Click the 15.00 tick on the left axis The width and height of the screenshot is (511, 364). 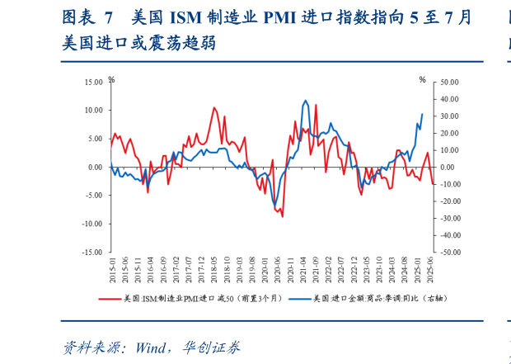pos(92,82)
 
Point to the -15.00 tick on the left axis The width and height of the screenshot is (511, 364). pos(91,252)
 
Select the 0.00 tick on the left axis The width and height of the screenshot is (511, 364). pos(95,167)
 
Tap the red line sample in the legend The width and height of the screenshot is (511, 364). pos(109,298)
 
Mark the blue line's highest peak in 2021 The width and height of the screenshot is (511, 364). pos(306,101)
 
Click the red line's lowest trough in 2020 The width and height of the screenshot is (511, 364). pos(283,216)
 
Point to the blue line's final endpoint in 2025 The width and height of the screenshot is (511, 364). pos(423,114)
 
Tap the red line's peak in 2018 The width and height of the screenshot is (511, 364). pos(214,107)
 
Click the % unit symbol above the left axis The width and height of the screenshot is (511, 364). pos(111,79)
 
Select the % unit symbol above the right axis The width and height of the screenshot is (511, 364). pos(422,79)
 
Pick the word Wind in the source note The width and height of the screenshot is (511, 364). pos(146,347)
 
